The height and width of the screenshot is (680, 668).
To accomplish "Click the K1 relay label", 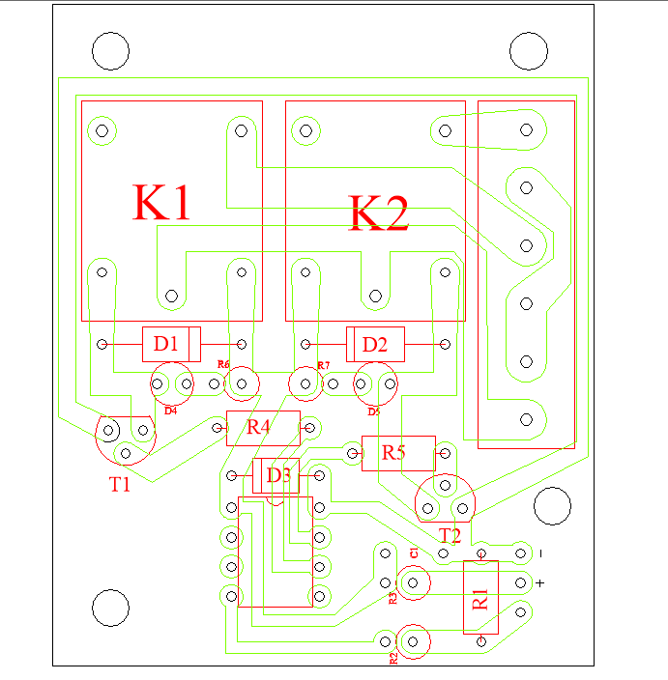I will coord(162,204).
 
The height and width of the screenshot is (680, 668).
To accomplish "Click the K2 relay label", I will coord(379,213).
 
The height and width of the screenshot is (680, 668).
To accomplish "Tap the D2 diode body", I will coord(375,343).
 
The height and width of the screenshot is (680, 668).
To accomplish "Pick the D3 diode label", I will coord(277,475).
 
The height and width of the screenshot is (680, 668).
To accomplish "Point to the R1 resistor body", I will coord(480,597).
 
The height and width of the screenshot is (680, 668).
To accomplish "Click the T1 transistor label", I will coord(119,485).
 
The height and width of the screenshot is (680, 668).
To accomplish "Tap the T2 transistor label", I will coord(450,535).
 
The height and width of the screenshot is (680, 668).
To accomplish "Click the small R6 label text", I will coord(223,364).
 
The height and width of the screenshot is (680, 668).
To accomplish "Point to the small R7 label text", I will coord(324,365).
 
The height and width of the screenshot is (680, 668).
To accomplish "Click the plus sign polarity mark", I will coord(540,581).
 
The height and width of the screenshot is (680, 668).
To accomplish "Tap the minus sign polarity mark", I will coord(541,553).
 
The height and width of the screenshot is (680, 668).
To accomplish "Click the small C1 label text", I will coord(413,552).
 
